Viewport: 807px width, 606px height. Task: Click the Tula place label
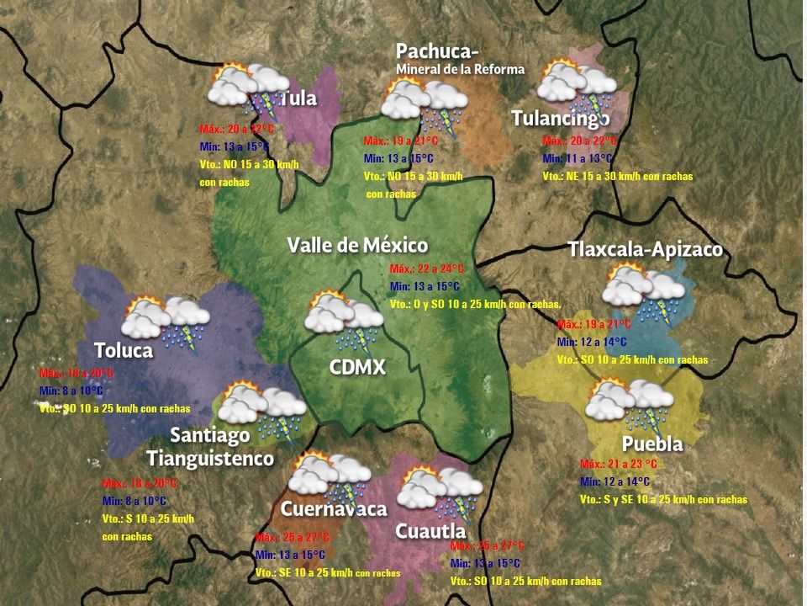pyautogui.click(x=298, y=98)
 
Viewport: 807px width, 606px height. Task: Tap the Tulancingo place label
pyautogui.click(x=561, y=119)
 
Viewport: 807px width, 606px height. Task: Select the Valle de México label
pyautogui.click(x=357, y=246)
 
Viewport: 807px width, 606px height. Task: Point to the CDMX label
pyautogui.click(x=357, y=367)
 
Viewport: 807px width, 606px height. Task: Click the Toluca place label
pyautogui.click(x=124, y=350)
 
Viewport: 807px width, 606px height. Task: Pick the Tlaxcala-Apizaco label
pyautogui.click(x=645, y=250)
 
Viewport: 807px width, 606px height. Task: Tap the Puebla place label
pyautogui.click(x=651, y=444)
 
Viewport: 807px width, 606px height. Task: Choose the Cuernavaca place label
pyautogui.click(x=334, y=508)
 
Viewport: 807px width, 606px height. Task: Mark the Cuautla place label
pyautogui.click(x=430, y=531)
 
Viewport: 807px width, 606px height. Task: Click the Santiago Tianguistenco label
pyautogui.click(x=210, y=447)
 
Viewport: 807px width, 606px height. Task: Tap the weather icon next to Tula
pyautogui.click(x=249, y=90)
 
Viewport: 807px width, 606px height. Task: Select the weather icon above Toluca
pyautogui.click(x=165, y=322)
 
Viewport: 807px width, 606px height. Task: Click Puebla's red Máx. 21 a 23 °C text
pyautogui.click(x=619, y=464)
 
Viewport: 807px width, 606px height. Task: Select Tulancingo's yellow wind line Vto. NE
pyautogui.click(x=617, y=177)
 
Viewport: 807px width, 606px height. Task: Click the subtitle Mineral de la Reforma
pyautogui.click(x=460, y=69)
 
